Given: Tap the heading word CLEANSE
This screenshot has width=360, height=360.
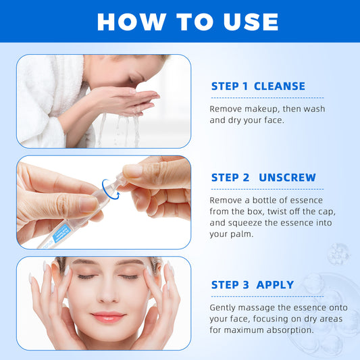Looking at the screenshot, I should tap(279, 86).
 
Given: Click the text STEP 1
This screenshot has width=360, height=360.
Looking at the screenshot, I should tap(229, 86).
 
